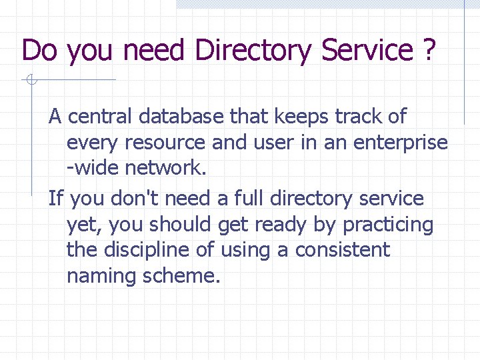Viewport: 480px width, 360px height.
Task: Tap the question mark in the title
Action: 429,50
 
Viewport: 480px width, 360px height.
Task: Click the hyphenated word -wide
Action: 93,168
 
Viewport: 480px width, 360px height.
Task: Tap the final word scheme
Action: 181,275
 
